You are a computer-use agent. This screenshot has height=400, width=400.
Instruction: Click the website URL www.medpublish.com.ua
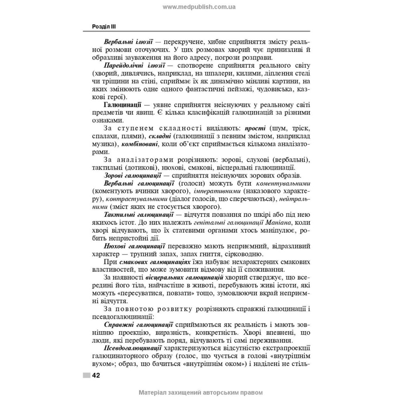tap(199, 6)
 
